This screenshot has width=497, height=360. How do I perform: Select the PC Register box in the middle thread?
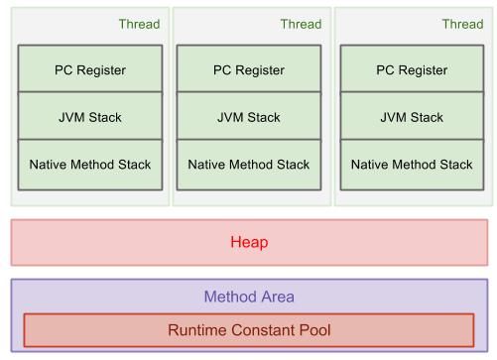tap(249, 69)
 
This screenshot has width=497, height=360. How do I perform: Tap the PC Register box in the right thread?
tap(412, 69)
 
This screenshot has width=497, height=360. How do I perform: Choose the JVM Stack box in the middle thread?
tap(249, 117)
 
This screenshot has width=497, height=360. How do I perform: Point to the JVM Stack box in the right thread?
tap(412, 117)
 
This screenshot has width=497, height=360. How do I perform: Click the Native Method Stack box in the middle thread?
tap(249, 164)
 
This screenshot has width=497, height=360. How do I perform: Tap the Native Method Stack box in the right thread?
tap(412, 164)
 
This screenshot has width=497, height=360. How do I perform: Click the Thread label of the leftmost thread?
tap(138, 25)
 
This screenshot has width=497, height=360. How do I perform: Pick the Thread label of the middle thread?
tap(301, 25)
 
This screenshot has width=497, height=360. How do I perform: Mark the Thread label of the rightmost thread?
tap(462, 25)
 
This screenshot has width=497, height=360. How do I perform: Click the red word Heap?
tap(249, 242)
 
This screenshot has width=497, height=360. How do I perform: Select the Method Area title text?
tap(249, 297)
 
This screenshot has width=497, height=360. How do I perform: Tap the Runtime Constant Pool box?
tap(249, 329)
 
